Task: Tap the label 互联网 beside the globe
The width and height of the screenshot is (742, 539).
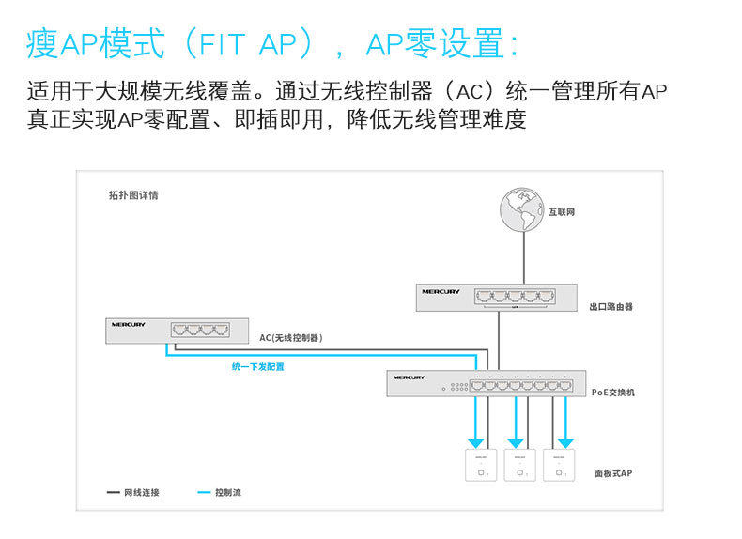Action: point(562,212)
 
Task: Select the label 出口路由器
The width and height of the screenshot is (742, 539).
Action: point(611,307)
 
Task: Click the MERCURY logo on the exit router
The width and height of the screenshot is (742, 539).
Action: point(441,292)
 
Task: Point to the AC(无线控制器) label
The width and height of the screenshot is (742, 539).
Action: point(291,337)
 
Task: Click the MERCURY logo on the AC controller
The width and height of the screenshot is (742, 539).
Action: point(129,325)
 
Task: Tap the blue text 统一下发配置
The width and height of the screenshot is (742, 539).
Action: point(257,367)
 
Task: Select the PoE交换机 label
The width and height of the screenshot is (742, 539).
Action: point(612,392)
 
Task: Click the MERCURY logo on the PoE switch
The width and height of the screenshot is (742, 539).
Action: point(410,377)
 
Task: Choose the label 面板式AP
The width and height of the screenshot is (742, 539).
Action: point(613,474)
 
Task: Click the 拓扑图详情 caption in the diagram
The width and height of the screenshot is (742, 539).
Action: point(133,196)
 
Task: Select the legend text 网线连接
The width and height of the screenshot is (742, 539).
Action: point(142,492)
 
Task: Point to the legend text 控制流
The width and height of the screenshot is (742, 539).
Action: point(227,492)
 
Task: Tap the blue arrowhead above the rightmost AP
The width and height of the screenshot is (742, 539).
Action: point(564,440)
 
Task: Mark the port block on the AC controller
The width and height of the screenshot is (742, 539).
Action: point(199,330)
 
